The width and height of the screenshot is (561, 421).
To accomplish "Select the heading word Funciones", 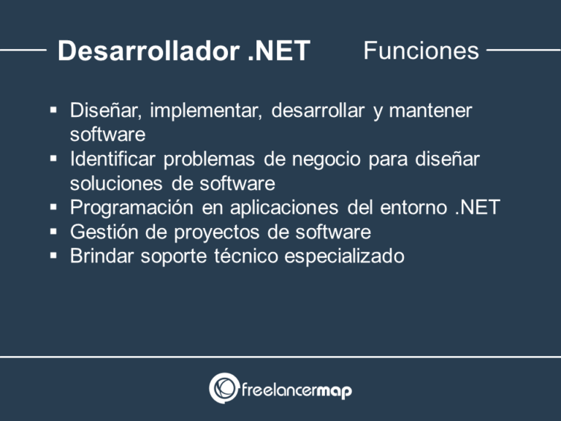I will tap(421, 50).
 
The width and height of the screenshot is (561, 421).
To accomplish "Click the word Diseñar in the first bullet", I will tap(106, 111).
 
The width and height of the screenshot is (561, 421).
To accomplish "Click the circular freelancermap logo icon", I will tap(223, 388).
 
